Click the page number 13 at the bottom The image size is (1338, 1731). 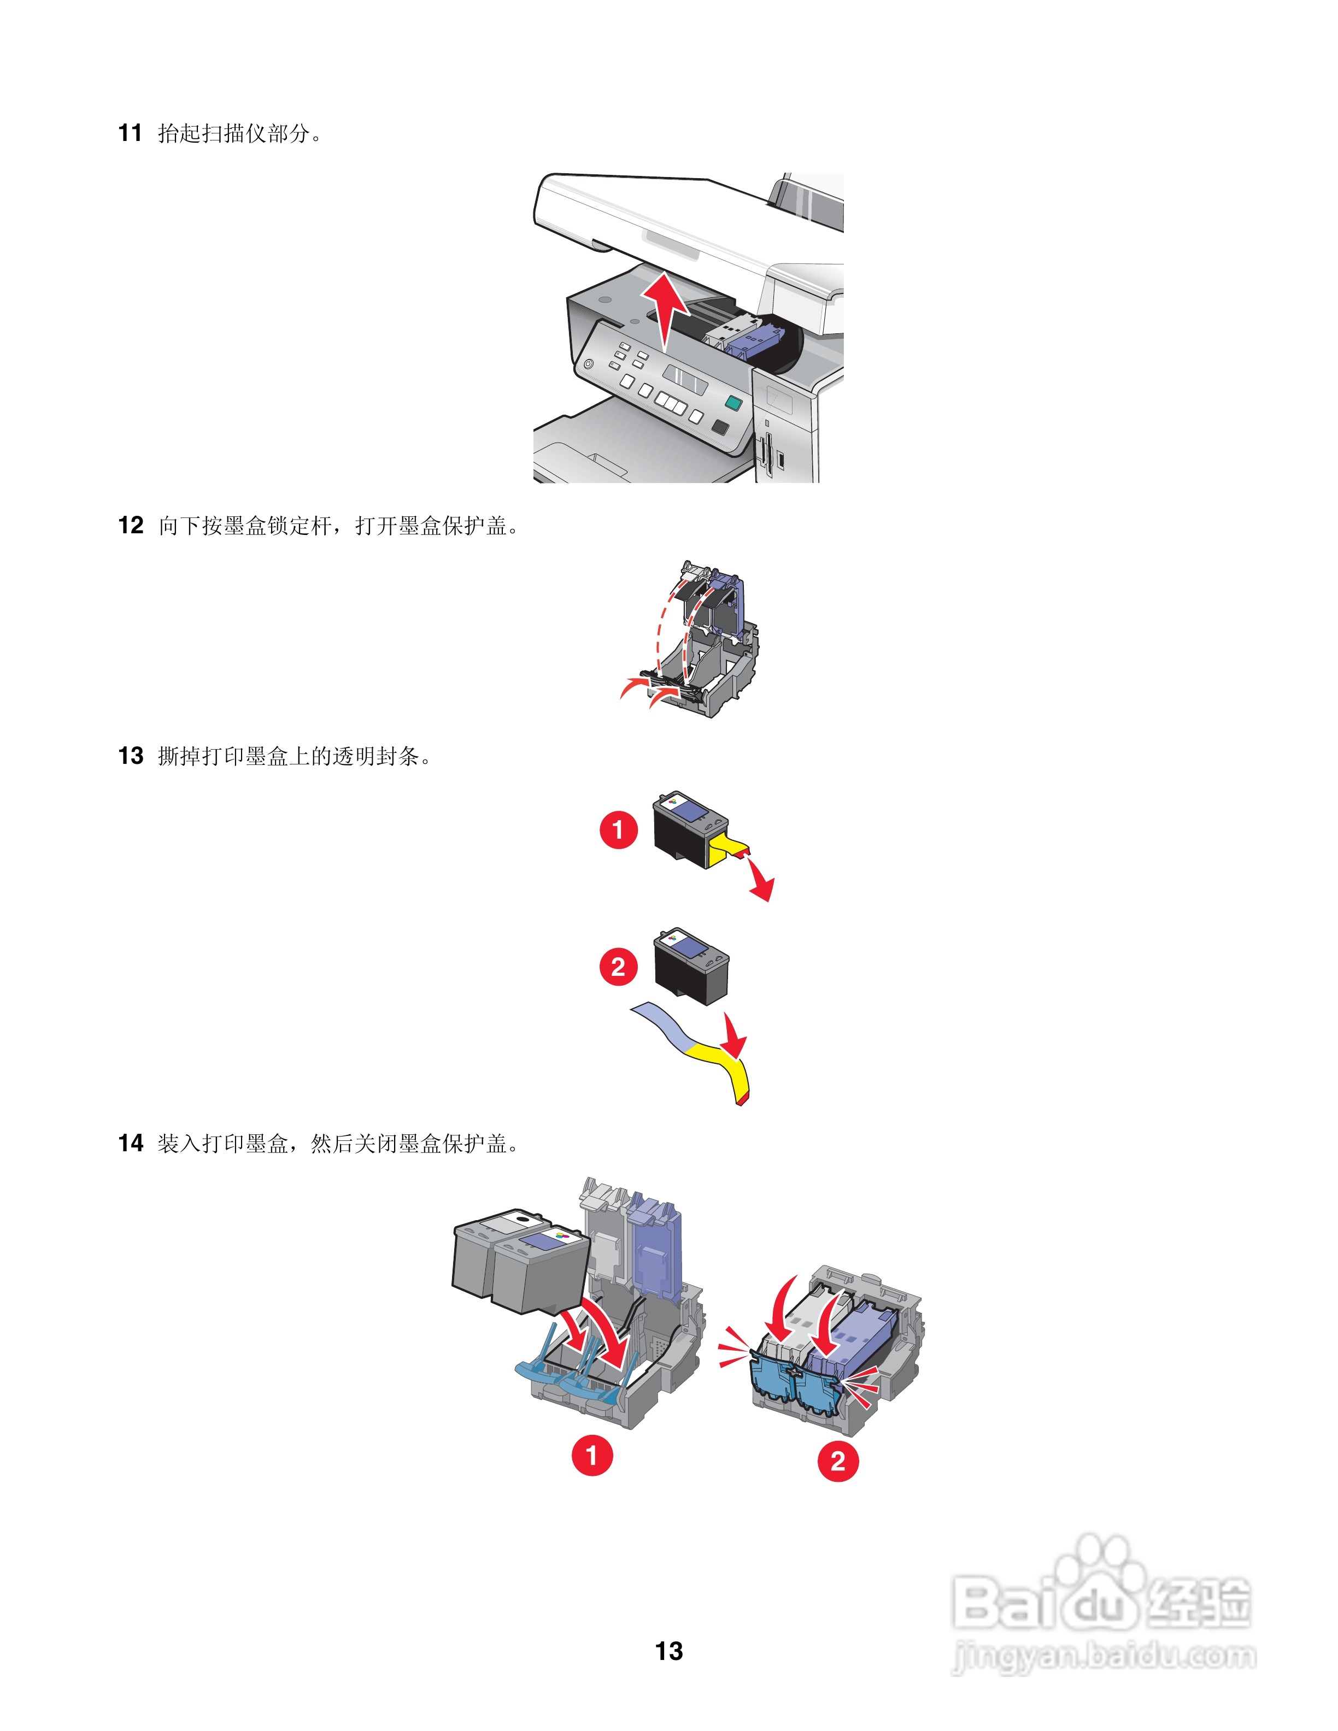point(669,1651)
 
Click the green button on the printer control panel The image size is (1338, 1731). point(733,403)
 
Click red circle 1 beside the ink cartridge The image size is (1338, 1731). point(618,830)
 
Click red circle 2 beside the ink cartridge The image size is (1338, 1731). point(618,967)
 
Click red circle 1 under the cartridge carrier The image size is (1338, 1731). point(592,1455)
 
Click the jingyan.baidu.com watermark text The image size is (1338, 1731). point(1104,1657)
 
